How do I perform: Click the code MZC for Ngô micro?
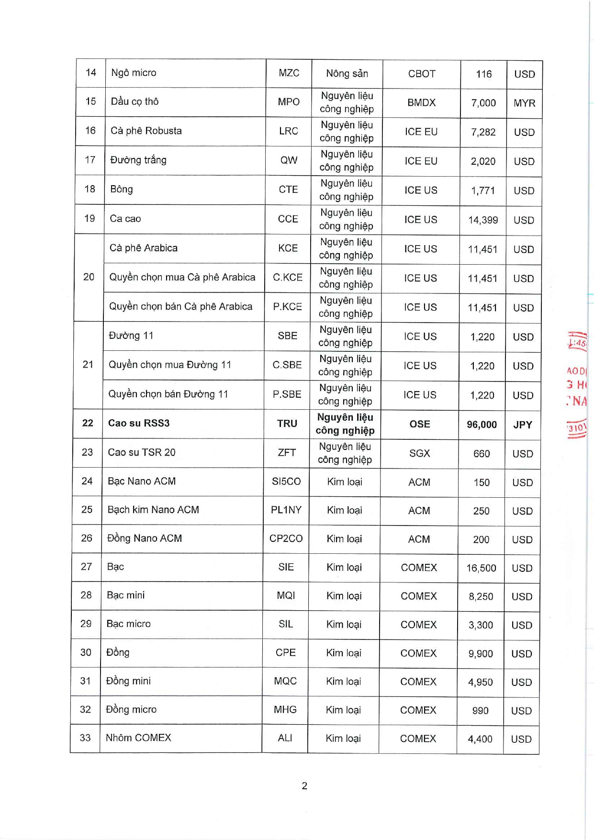click(x=289, y=73)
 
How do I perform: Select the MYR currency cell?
click(x=524, y=103)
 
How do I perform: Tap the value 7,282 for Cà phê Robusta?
click(x=483, y=132)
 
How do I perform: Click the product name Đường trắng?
click(x=138, y=160)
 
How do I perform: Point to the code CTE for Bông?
click(x=288, y=190)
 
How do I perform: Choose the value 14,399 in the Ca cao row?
click(x=483, y=220)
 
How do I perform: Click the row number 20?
click(x=89, y=277)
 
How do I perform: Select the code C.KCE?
click(x=288, y=278)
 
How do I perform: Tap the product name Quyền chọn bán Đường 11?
click(x=168, y=394)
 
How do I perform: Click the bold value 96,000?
click(x=482, y=425)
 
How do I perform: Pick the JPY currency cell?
click(x=523, y=425)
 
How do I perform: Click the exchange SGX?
click(x=419, y=453)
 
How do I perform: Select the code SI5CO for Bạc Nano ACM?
click(x=286, y=482)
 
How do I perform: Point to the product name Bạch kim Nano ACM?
click(x=153, y=510)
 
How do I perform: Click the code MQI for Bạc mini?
click(x=286, y=595)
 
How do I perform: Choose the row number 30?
click(x=86, y=652)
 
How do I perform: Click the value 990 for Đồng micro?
click(x=480, y=711)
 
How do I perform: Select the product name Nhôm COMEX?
click(x=138, y=738)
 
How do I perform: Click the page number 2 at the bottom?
click(x=304, y=786)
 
